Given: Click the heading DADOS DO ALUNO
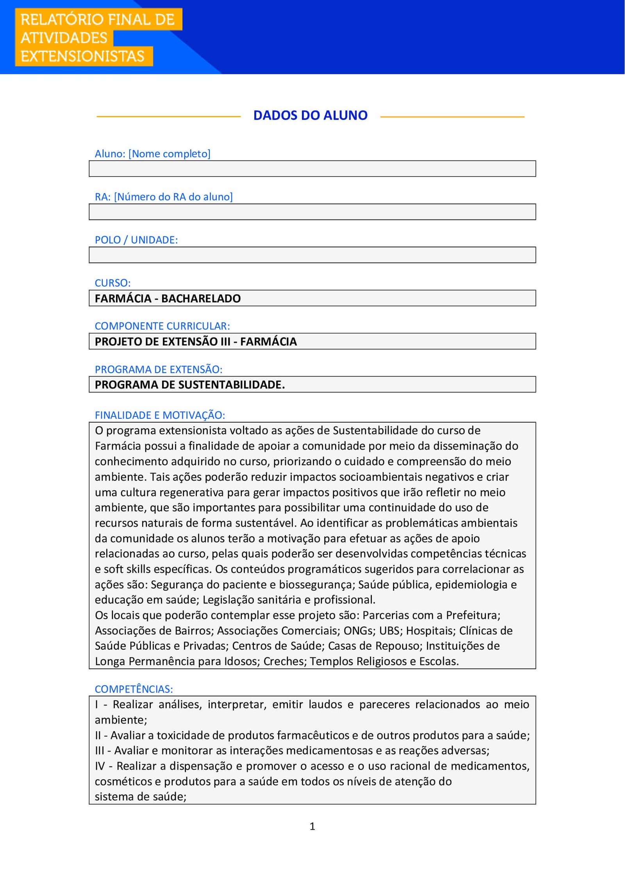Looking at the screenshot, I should tap(310, 115).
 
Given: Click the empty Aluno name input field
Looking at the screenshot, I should tap(312, 169).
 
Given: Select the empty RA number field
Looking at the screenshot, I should tap(312, 212).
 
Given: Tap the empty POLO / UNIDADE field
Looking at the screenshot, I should tap(312, 255).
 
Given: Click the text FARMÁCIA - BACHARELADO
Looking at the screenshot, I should tap(168, 298).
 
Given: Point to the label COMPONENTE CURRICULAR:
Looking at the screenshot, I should tap(162, 326).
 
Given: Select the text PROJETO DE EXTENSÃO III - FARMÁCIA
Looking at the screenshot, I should tap(196, 341).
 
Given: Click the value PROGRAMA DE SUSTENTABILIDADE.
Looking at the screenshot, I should tap(190, 385).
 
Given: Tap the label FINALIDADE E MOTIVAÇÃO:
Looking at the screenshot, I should tap(160, 415).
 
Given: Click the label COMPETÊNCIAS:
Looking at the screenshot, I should tap(134, 689).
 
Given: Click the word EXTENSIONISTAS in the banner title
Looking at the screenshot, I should tap(82, 56).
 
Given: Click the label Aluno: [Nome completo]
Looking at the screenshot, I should tap(152, 154).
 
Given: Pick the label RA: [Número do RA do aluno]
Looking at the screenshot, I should tap(164, 196).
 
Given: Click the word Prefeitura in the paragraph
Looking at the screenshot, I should tap(473, 615).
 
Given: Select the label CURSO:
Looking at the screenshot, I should tap(112, 283).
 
